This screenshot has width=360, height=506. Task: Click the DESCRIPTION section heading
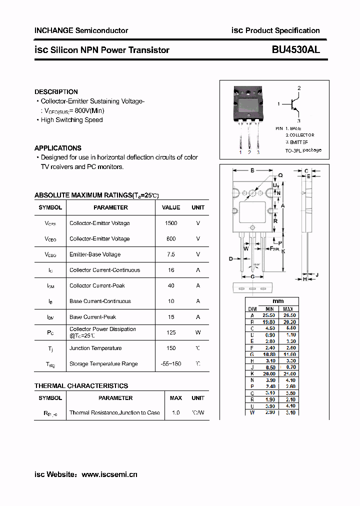pyautogui.click(x=56, y=92)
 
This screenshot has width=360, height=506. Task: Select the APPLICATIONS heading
pyautogui.click(x=57, y=148)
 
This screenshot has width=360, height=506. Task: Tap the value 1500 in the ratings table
pyautogui.click(x=171, y=223)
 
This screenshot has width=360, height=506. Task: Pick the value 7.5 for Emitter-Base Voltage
pyautogui.click(x=171, y=254)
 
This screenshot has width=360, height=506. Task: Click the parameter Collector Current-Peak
pyautogui.click(x=97, y=285)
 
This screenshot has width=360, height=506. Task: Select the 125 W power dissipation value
pyautogui.click(x=171, y=332)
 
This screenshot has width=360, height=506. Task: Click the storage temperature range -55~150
pyautogui.click(x=171, y=364)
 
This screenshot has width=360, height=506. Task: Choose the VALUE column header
pyautogui.click(x=171, y=207)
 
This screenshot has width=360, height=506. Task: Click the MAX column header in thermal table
pyautogui.click(x=175, y=398)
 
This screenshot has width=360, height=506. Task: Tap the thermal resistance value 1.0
pyautogui.click(x=175, y=413)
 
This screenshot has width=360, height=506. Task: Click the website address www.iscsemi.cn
pyautogui.click(x=109, y=474)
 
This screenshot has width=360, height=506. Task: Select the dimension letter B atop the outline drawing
pyautogui.click(x=252, y=170)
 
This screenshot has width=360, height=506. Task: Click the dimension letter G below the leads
pyautogui.click(x=252, y=276)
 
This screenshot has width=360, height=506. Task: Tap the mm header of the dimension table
pyautogui.click(x=278, y=301)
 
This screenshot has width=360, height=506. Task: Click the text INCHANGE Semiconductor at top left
pyautogui.click(x=81, y=30)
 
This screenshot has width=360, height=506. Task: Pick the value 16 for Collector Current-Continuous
pyautogui.click(x=171, y=270)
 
